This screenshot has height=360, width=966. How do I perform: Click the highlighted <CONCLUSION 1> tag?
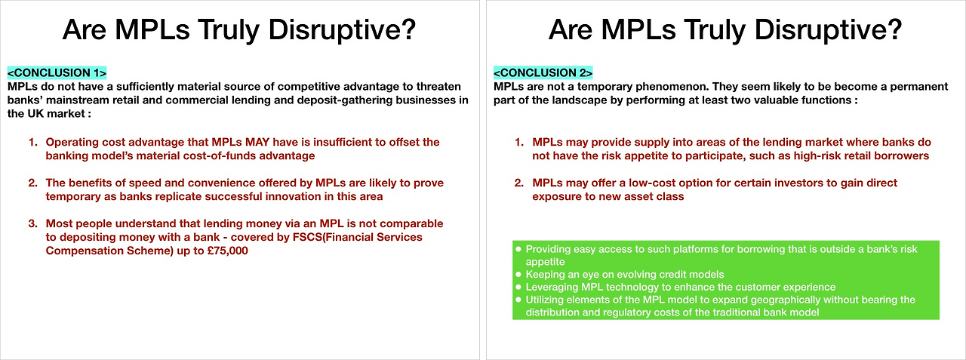[x=57, y=72]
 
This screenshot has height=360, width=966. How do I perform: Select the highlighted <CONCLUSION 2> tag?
[x=543, y=72]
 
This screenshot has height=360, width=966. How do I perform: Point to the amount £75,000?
[x=228, y=251]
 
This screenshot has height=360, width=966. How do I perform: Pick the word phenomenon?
[x=672, y=87]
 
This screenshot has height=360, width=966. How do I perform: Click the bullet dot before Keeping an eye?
[x=518, y=274]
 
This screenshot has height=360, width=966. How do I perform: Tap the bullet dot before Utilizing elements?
[x=518, y=299]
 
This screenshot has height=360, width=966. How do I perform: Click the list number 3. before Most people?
[x=33, y=223]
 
